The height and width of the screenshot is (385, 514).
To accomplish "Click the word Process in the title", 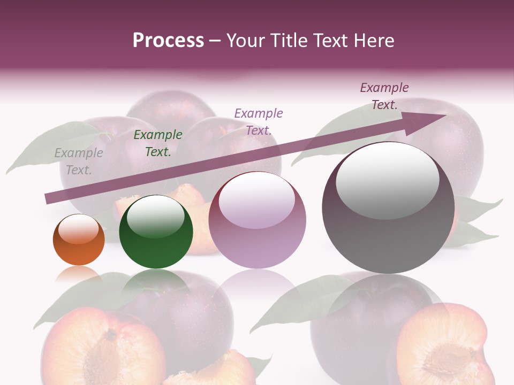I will pos(168,41).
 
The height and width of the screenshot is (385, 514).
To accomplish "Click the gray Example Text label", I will pos(78,161).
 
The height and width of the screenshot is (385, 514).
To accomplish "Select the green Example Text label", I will pos(157,143).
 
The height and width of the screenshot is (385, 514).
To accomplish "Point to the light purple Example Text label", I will pos(258,121).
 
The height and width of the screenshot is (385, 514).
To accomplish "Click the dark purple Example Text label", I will pos(384,96).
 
